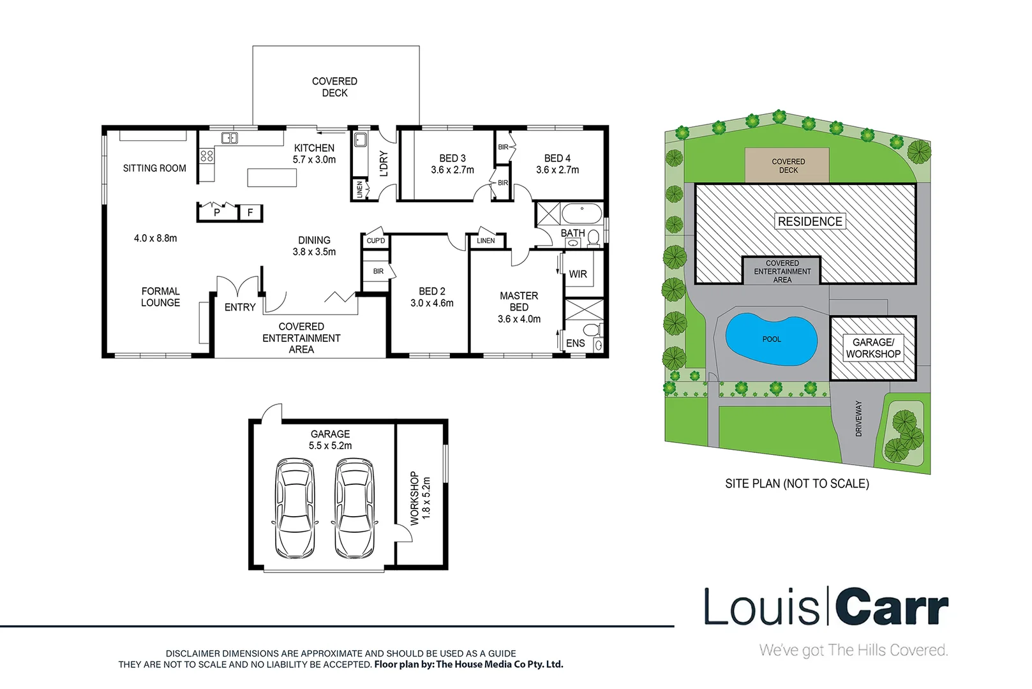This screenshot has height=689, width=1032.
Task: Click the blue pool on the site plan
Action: point(771,340)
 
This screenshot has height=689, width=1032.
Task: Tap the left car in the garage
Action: point(295,508)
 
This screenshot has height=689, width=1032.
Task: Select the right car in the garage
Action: point(354,508)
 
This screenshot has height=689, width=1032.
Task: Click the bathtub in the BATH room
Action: point(581,213)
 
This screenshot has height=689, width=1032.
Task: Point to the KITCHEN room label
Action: point(314,148)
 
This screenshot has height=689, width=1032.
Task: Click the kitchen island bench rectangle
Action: point(272,177)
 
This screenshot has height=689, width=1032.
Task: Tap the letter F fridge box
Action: point(250,212)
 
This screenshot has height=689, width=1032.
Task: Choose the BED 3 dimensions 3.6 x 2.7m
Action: point(452,170)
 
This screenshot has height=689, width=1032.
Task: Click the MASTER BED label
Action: point(519,301)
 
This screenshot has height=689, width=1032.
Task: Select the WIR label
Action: point(578,274)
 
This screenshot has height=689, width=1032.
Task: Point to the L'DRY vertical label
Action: point(384,163)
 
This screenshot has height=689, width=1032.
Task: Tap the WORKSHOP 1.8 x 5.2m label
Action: point(420,498)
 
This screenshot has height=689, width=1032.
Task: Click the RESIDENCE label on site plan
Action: point(810,221)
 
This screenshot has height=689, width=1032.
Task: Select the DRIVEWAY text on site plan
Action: point(858,419)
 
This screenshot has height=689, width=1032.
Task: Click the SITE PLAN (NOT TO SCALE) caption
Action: point(796,484)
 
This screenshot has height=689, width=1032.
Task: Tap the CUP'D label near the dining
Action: point(376,241)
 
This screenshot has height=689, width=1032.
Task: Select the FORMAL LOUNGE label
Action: point(160,297)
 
